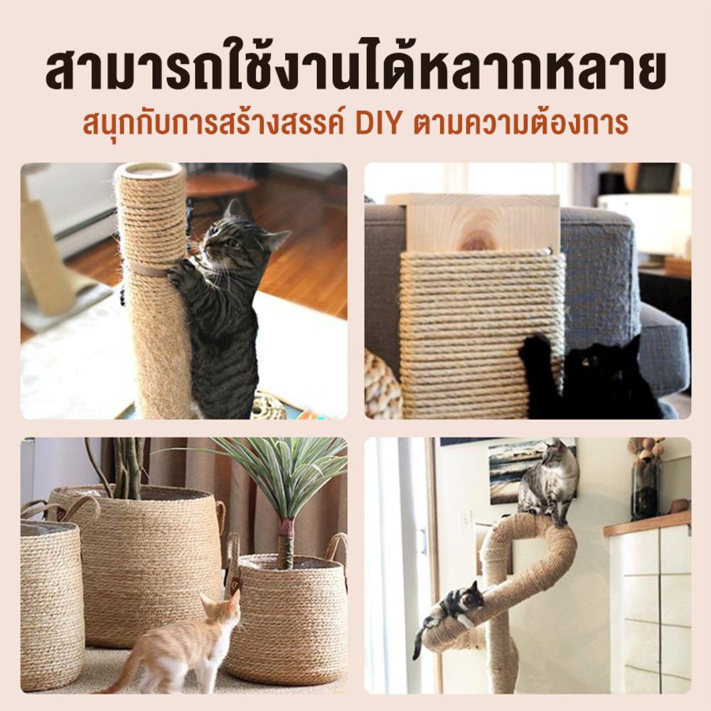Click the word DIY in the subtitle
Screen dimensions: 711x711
click(x=379, y=122)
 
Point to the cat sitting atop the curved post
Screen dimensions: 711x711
click(x=550, y=483)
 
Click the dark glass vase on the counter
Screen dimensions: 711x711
click(x=645, y=490)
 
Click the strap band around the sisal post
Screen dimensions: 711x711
click(x=149, y=271)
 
